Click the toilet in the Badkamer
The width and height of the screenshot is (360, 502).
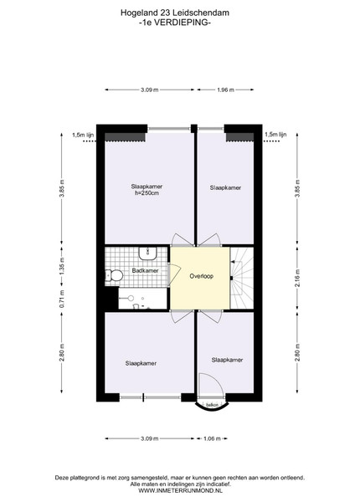tap(115, 275)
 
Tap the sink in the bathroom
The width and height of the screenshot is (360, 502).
tap(147, 253)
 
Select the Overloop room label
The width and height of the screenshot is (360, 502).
tap(202, 275)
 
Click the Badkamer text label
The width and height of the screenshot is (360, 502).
tap(145, 270)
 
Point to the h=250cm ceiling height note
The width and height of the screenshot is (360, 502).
tap(147, 193)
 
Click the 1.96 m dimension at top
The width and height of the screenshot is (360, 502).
tap(225, 90)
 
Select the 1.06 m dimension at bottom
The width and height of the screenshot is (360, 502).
tap(212, 438)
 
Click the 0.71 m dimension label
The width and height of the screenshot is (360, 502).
tap(62, 299)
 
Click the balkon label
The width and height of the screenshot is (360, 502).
tap(212, 405)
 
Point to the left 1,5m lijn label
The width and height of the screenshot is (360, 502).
tap(83, 135)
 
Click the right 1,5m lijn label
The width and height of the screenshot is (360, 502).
tap(275, 135)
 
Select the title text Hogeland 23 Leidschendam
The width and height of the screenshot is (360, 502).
tap(174, 13)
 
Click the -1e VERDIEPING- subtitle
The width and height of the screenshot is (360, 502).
tap(174, 23)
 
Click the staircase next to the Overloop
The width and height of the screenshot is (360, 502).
tap(242, 278)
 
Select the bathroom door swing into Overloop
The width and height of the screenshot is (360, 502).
tap(174, 274)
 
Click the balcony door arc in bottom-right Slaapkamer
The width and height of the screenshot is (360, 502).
tap(211, 384)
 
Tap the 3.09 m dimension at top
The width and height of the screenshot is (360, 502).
tap(150, 90)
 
